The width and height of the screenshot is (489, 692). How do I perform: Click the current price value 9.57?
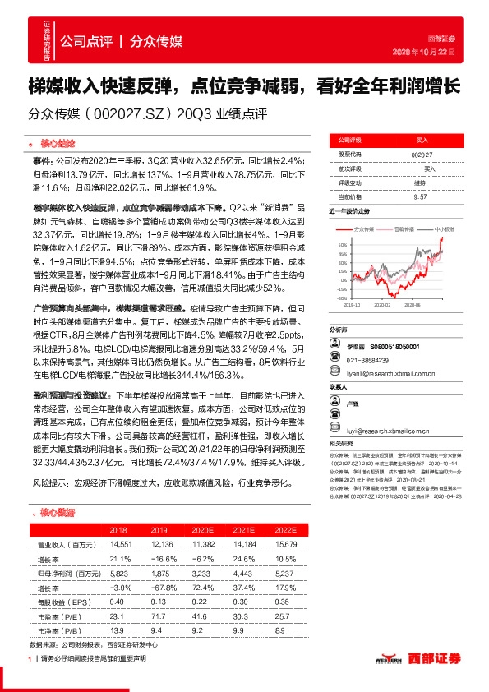pyautogui.click(x=420, y=197)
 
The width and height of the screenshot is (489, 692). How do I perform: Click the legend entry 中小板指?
pyautogui.click(x=444, y=231)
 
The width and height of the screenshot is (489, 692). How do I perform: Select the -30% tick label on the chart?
pyautogui.click(x=340, y=299)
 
